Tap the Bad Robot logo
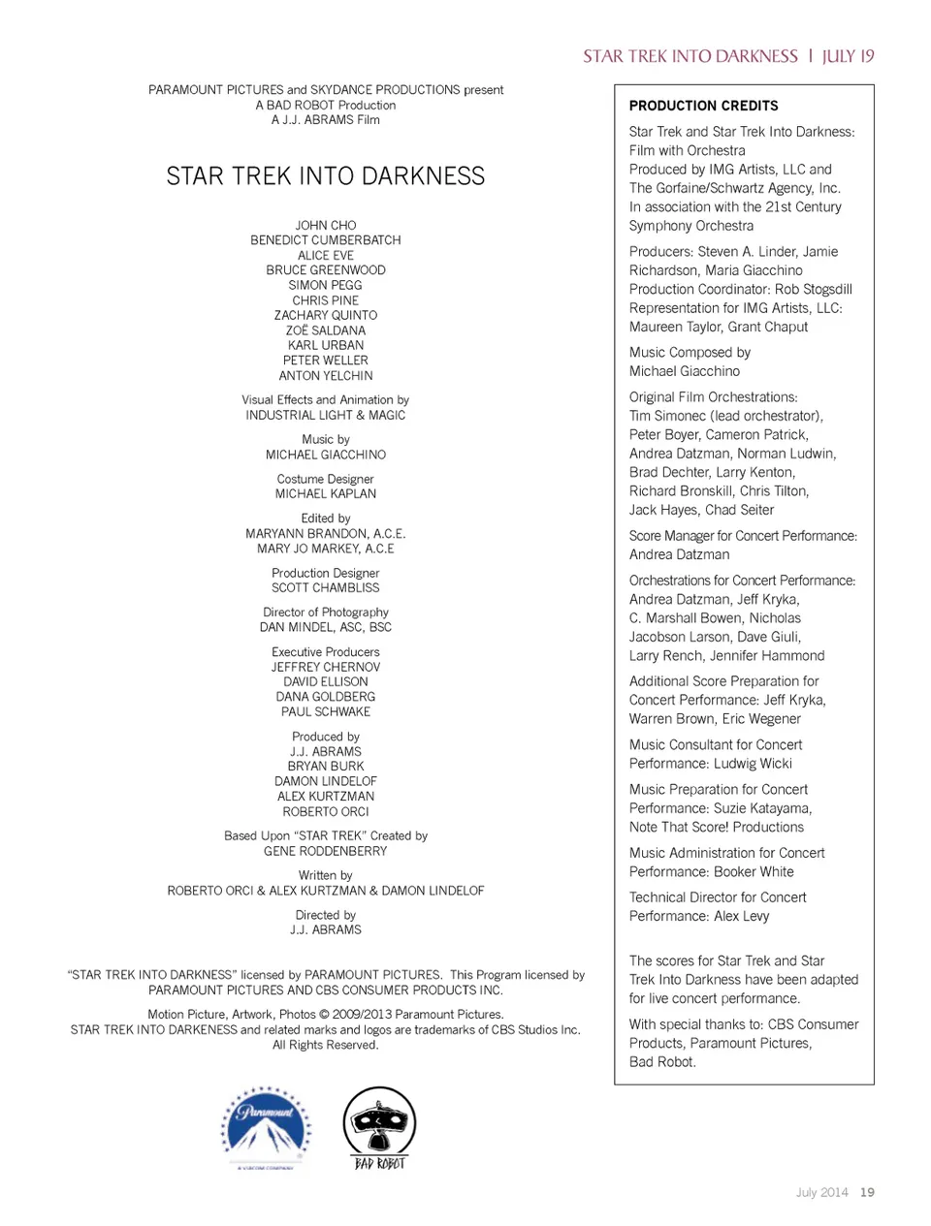tap(379, 1127)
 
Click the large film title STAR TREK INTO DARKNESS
tap(326, 176)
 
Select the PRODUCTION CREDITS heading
tap(703, 106)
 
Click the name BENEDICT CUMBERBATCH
tap(326, 240)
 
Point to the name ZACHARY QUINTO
tap(326, 315)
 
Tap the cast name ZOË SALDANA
tap(326, 330)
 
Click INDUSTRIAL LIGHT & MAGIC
tap(326, 415)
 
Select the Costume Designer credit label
tap(326, 479)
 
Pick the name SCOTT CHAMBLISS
tap(326, 587)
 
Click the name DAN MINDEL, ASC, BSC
tap(326, 627)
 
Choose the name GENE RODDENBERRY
tap(326, 851)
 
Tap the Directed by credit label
tap(326, 915)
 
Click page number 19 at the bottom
tap(867, 1192)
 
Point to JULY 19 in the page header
tap(849, 56)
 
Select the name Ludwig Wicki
tap(753, 763)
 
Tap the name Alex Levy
tap(742, 916)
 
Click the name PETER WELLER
tap(326, 361)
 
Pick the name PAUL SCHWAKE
tap(326, 711)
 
